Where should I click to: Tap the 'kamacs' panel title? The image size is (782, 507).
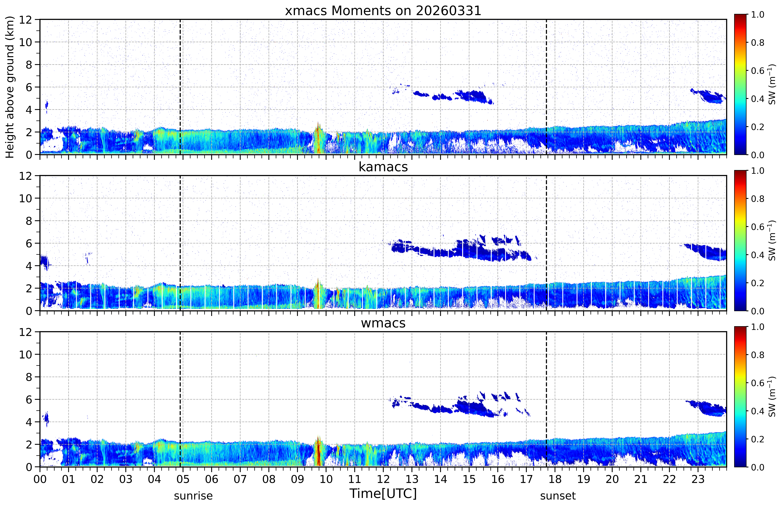click(x=383, y=167)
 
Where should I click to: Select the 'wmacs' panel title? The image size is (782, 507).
click(x=383, y=323)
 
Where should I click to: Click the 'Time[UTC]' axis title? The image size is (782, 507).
click(x=383, y=493)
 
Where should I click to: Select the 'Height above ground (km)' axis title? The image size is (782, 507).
click(x=10, y=87)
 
